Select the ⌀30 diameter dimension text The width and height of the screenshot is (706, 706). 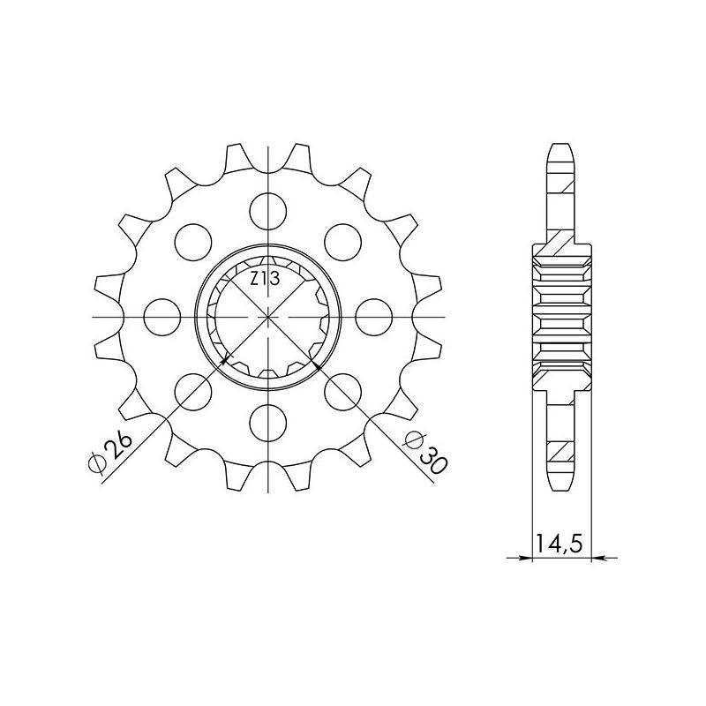coord(422,452)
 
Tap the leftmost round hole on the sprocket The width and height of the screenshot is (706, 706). coord(160,316)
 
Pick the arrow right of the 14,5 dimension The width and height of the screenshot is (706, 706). coord(597,557)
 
